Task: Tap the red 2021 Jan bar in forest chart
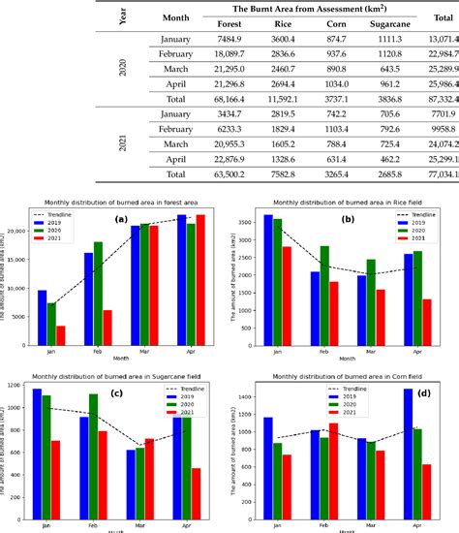pyautogui.click(x=61, y=334)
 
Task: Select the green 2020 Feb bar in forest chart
pyautogui.click(x=98, y=279)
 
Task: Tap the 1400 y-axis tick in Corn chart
pyautogui.click(x=241, y=397)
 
